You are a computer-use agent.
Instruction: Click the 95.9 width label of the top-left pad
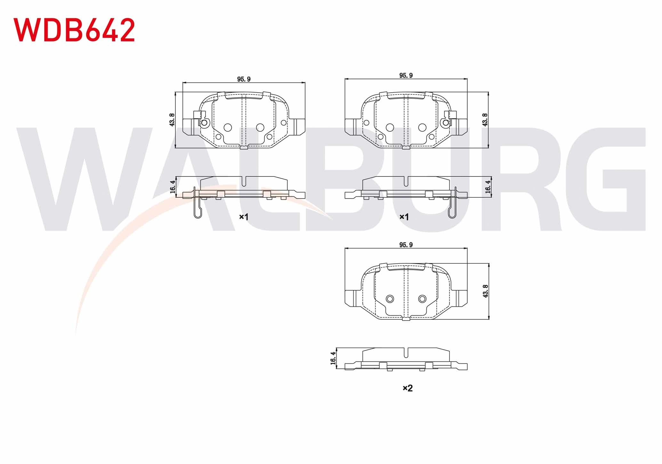244,79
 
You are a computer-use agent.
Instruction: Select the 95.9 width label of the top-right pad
406,75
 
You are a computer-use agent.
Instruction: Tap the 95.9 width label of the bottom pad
406,244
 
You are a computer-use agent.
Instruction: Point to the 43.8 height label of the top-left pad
172,120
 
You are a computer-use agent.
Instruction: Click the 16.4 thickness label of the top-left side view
173,187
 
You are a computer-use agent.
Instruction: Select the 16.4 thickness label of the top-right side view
488,187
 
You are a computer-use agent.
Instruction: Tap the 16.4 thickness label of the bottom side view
333,358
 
